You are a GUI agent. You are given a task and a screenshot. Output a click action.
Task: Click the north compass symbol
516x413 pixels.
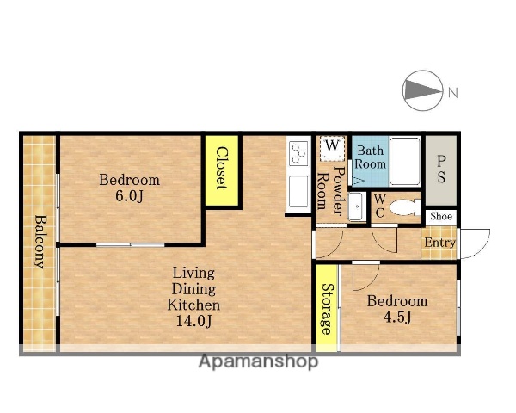click(x=422, y=89)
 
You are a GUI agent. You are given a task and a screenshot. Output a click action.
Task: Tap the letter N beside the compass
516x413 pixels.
click(x=453, y=93)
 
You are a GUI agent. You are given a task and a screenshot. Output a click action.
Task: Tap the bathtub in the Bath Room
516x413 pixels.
click(x=405, y=162)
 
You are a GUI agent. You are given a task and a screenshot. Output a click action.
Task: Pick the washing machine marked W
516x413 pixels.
click(x=332, y=149)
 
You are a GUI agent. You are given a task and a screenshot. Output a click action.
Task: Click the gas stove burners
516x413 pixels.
click(x=298, y=153)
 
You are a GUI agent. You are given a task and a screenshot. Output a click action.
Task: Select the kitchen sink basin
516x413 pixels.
click(x=298, y=192)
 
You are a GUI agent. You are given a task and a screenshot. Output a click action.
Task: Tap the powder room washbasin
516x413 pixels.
click(x=357, y=206)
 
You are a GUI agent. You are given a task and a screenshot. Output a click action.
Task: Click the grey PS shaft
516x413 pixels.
click(x=441, y=170)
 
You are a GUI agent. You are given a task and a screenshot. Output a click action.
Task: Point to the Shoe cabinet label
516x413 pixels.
click(x=441, y=216)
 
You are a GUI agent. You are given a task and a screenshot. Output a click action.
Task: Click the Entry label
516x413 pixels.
click(x=439, y=243)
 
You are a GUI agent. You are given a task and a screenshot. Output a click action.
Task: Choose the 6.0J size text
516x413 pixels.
click(x=129, y=196)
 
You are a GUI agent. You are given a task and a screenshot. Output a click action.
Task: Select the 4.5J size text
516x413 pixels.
click(x=397, y=317)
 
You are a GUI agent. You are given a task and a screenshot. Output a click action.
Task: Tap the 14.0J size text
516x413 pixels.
click(x=193, y=320)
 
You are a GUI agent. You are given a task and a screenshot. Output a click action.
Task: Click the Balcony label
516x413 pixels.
click(x=40, y=242)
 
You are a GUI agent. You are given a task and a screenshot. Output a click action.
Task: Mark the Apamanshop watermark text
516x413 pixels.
click(x=259, y=361)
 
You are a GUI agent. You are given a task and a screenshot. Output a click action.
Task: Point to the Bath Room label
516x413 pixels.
click(x=371, y=157)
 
